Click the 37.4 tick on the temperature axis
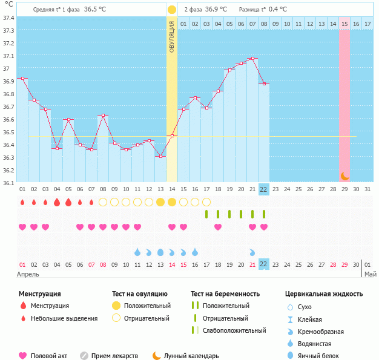coord(9,18)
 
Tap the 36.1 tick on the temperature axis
coord(9,182)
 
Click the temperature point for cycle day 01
coord(22,78)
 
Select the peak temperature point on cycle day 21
coord(252,59)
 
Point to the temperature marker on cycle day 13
coord(160,156)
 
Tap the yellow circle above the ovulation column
coord(172,10)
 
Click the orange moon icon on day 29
coord(344,176)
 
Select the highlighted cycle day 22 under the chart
coord(264,189)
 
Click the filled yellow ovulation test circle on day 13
coord(160,202)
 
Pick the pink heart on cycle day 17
coord(218,227)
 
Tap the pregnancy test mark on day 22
coord(264,214)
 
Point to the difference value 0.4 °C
coord(278,10)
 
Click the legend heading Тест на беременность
coord(225,294)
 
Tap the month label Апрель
coord(28,274)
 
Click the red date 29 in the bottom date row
coord(344,264)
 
